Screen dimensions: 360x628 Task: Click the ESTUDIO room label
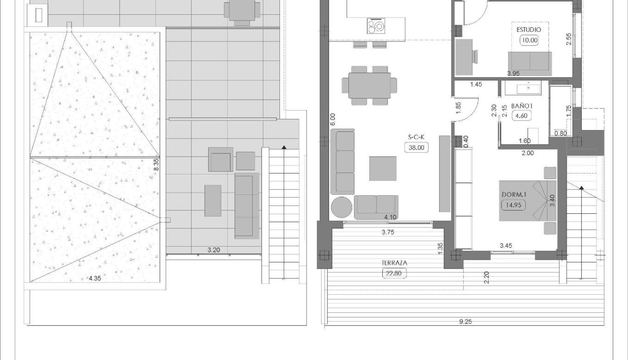528,30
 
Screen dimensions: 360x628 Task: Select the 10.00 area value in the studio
528,40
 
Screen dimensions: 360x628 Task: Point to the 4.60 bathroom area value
521,115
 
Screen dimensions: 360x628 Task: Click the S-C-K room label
416,138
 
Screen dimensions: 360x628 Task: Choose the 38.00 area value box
416,148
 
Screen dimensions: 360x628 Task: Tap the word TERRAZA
395,263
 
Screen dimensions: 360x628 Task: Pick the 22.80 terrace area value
395,273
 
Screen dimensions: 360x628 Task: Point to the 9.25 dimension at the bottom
466,322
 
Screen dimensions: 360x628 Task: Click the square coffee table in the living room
382,168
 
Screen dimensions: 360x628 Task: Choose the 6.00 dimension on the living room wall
332,119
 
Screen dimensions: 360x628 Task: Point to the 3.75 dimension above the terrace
389,233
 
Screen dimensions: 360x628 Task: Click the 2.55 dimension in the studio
568,39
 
